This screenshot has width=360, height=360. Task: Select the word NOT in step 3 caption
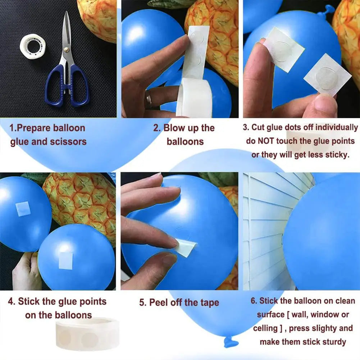[266, 141]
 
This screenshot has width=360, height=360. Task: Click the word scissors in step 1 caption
[68, 142]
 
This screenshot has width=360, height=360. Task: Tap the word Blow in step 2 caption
[174, 128]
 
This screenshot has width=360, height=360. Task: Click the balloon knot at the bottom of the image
[231, 342]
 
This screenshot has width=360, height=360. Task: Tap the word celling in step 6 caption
[265, 328]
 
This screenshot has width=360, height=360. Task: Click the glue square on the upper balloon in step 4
[23, 209]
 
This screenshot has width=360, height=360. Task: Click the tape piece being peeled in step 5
[186, 249]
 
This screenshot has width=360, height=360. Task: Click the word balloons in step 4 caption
[73, 315]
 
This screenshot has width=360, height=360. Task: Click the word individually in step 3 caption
[336, 128]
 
